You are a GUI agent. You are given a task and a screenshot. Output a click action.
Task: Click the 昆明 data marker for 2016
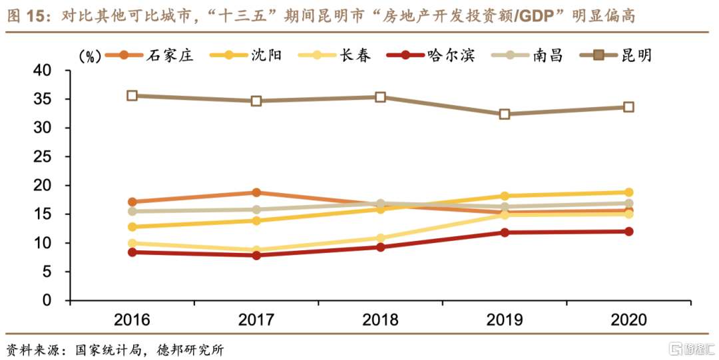(x=132, y=96)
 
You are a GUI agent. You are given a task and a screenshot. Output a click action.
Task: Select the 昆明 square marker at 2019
(x=505, y=114)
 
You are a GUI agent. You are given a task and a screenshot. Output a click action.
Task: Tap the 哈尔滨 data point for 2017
(x=256, y=255)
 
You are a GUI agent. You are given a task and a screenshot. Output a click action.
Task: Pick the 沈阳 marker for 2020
(x=628, y=192)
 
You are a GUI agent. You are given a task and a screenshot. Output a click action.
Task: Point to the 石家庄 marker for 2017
(x=256, y=192)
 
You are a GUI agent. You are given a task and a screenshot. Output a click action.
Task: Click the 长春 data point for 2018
(x=381, y=238)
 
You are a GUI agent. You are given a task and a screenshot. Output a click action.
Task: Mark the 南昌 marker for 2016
(x=132, y=212)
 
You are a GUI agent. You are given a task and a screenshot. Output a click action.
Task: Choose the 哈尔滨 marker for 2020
(x=628, y=232)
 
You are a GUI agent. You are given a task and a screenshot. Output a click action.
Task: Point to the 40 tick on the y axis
(x=52, y=71)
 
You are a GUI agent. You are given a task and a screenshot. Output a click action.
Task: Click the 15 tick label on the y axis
(x=52, y=214)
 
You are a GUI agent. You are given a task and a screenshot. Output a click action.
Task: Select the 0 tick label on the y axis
(x=57, y=301)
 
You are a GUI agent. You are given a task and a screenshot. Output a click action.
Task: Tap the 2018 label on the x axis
(x=381, y=320)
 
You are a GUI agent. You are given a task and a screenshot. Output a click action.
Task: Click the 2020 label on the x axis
(x=628, y=320)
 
